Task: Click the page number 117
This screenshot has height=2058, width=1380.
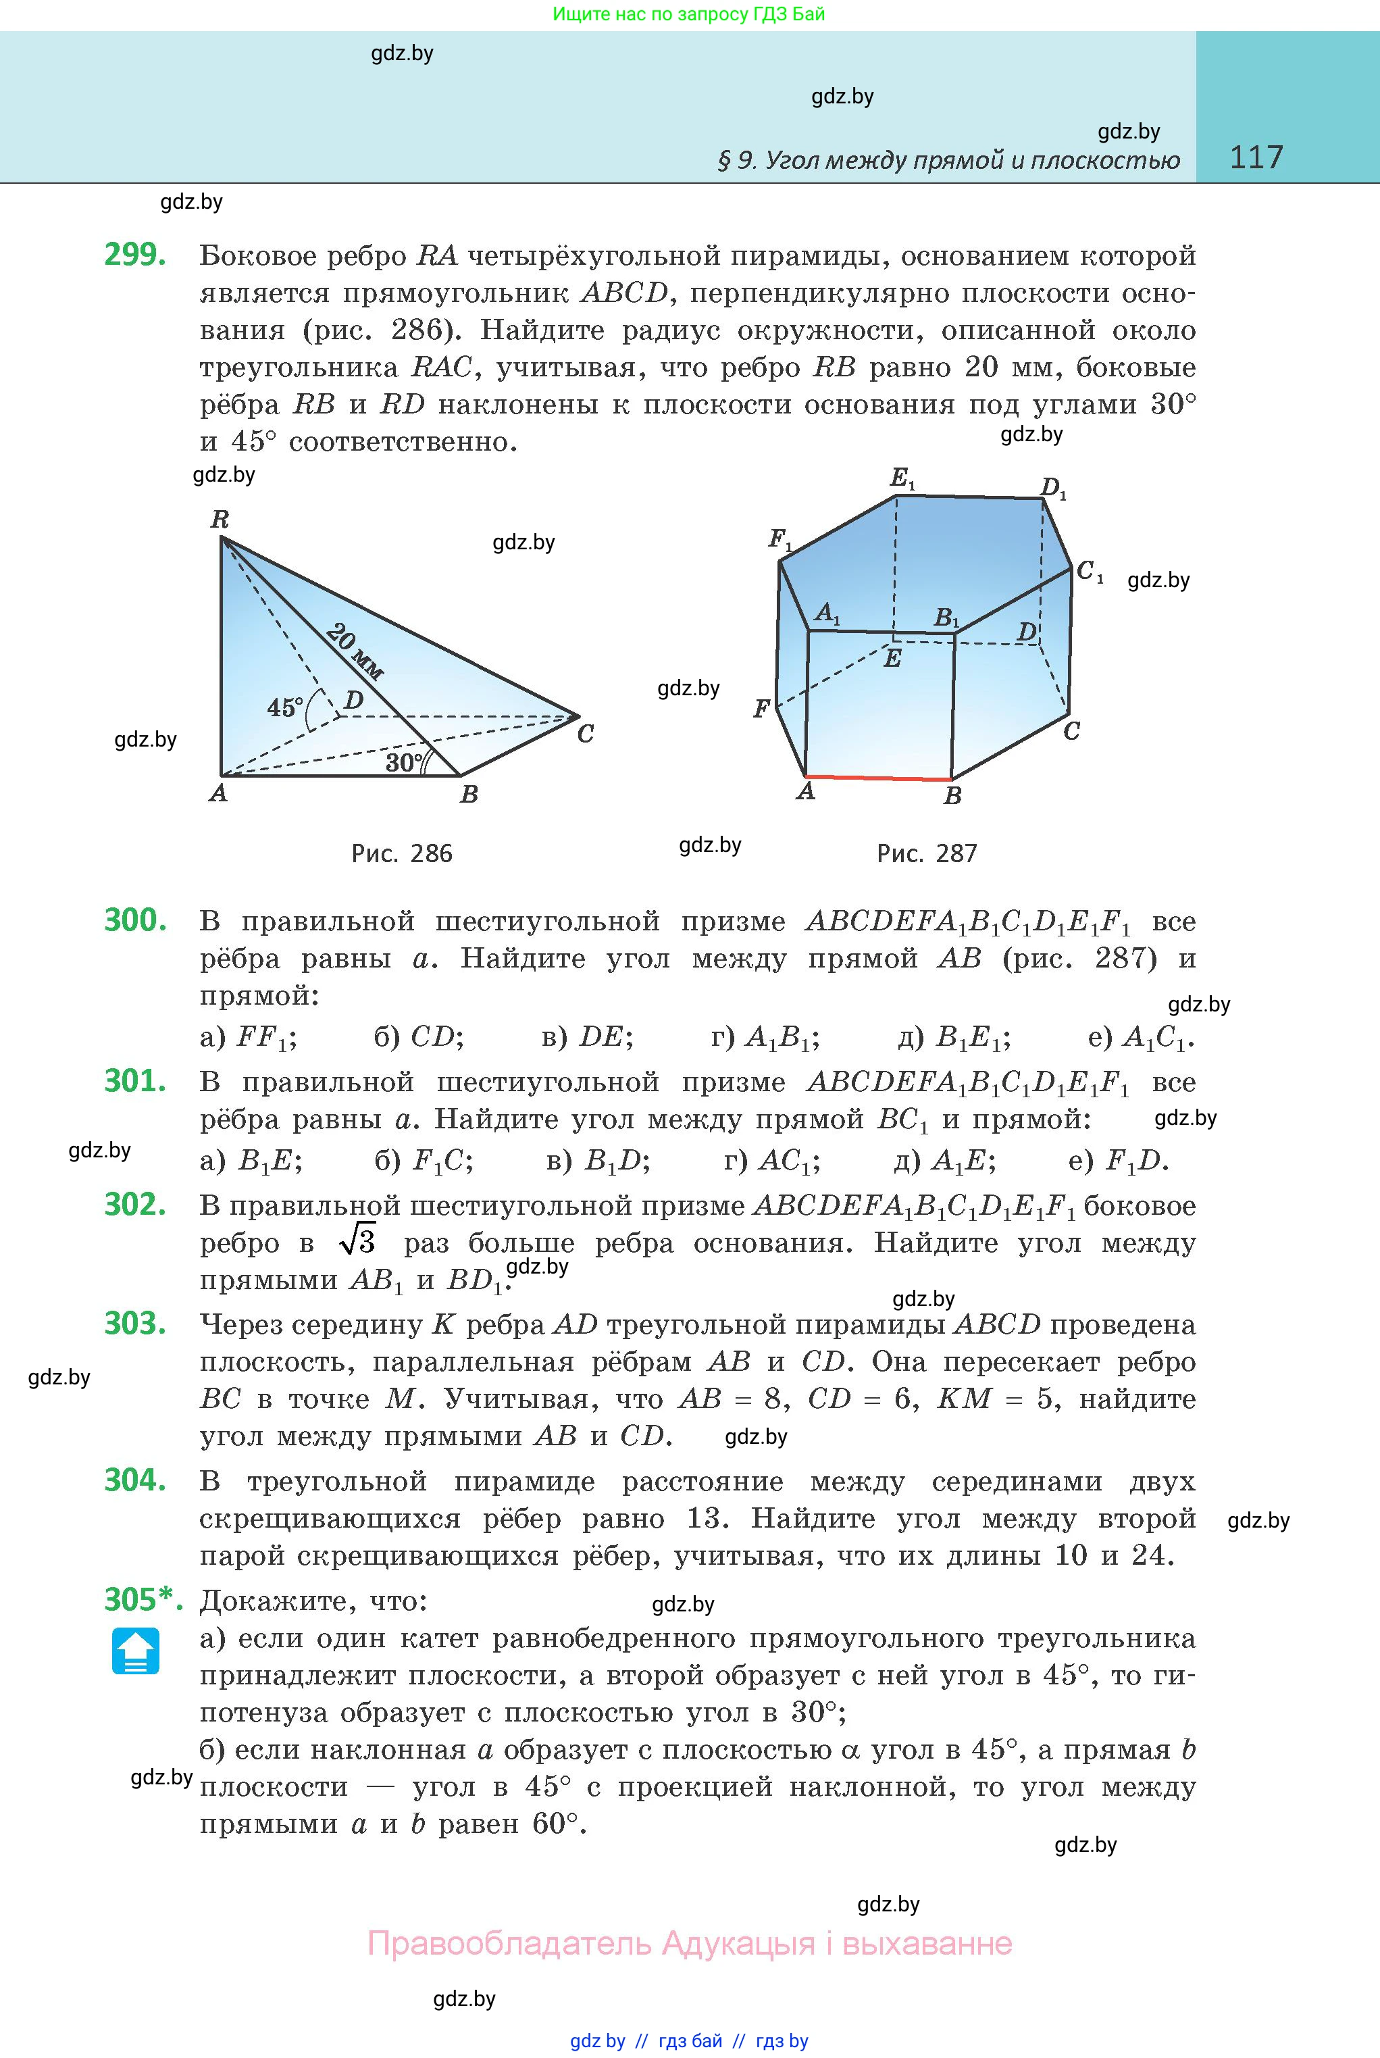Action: (x=1256, y=157)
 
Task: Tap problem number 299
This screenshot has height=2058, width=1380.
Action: (x=134, y=255)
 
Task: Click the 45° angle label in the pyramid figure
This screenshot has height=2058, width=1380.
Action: (x=285, y=707)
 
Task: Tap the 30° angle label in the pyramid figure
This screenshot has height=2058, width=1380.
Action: (x=404, y=762)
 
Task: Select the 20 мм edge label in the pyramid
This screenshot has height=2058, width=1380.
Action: (x=355, y=651)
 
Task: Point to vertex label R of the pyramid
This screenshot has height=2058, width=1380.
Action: (x=220, y=520)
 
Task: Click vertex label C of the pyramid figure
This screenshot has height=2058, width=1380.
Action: (x=585, y=733)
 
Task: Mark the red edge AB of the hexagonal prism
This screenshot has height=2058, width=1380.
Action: (x=878, y=777)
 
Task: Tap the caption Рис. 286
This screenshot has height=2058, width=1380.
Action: (x=401, y=853)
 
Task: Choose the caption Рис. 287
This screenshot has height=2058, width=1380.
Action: (x=927, y=853)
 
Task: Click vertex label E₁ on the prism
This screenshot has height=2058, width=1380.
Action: (x=903, y=479)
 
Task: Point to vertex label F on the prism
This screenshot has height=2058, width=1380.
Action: (x=761, y=709)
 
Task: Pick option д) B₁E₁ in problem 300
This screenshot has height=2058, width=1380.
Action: (x=954, y=1038)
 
